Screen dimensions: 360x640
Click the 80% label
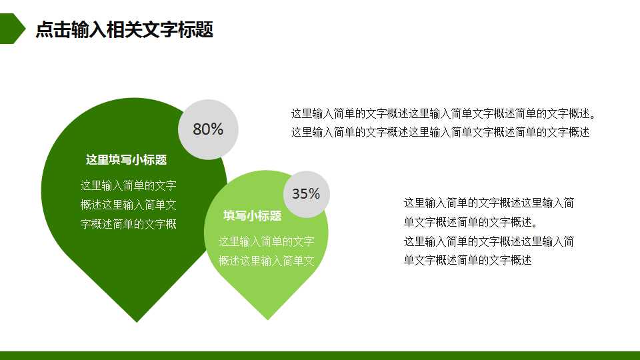pyautogui.click(x=208, y=129)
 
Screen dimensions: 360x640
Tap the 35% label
pyautogui.click(x=306, y=194)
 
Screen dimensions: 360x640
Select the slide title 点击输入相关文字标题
pyautogui.click(x=124, y=29)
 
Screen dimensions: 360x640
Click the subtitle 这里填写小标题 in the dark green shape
pyautogui.click(x=126, y=160)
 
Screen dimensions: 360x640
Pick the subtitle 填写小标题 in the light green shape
pyautogui.click(x=252, y=216)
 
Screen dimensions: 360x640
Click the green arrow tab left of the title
pyautogui.click(x=11, y=29)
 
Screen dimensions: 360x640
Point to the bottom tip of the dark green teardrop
pyautogui.click(x=137, y=321)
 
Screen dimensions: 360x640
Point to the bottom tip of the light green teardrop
pyautogui.click(x=268, y=318)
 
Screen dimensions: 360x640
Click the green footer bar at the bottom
pyautogui.click(x=320, y=355)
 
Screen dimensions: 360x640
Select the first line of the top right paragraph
pyautogui.click(x=443, y=113)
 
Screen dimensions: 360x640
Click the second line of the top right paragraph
pyautogui.click(x=440, y=132)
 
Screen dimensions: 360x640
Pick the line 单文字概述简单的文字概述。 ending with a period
pyautogui.click(x=471, y=222)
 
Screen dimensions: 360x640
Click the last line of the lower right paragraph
pyautogui.click(x=467, y=260)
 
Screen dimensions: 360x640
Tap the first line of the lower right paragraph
pyautogui.click(x=489, y=203)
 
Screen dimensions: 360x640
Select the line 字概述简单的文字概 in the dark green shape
pyautogui.click(x=128, y=224)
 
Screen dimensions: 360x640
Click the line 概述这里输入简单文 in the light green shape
pyautogui.click(x=266, y=260)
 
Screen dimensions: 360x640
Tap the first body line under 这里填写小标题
pyautogui.click(x=128, y=185)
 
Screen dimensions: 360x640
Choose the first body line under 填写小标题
pyautogui.click(x=266, y=241)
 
